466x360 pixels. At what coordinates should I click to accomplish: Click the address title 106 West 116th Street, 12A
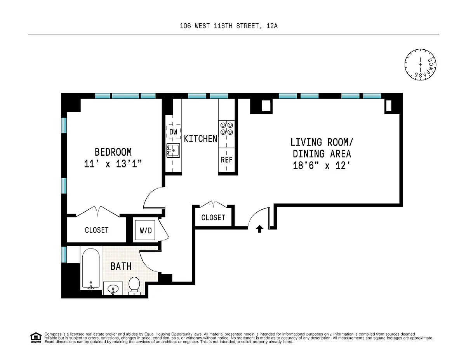[x=229, y=26]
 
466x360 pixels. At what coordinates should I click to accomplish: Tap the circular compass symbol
[x=420, y=64]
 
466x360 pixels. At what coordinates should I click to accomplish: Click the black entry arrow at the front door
[x=259, y=229]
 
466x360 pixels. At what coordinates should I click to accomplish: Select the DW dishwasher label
[x=173, y=132]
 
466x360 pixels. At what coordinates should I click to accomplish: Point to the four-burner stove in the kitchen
[x=226, y=129]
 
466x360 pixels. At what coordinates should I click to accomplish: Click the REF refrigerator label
[x=226, y=160]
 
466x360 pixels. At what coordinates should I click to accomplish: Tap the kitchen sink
[x=173, y=151]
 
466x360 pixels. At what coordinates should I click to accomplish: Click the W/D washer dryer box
[x=145, y=230]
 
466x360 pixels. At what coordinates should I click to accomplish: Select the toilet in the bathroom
[x=134, y=286]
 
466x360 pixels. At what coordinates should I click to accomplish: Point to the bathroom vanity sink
[x=113, y=289]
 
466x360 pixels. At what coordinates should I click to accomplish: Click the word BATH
[x=121, y=266]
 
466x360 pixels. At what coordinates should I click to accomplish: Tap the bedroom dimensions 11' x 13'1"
[x=113, y=164]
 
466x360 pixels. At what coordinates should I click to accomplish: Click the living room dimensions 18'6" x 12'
[x=322, y=165]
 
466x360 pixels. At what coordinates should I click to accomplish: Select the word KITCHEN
[x=200, y=139]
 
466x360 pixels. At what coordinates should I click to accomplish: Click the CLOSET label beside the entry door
[x=213, y=217]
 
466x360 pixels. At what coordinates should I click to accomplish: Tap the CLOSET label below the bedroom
[x=97, y=230]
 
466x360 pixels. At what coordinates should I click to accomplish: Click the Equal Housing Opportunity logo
[x=36, y=338]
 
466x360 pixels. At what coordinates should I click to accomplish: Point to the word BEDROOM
[x=113, y=152]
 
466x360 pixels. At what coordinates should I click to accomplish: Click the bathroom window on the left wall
[x=64, y=254]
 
